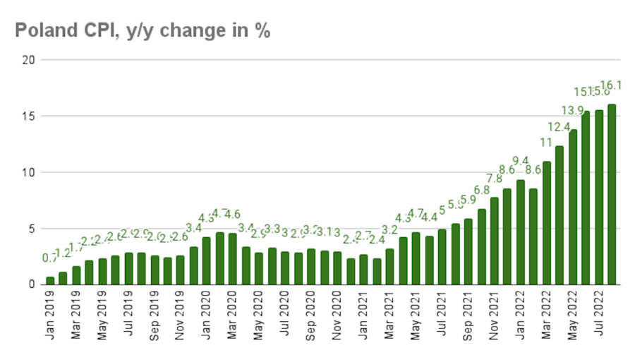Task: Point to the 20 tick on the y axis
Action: pyautogui.click(x=28, y=60)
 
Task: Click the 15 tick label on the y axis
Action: pyautogui.click(x=28, y=116)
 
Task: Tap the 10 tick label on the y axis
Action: pyautogui.click(x=28, y=172)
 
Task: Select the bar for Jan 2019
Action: pyautogui.click(x=50, y=280)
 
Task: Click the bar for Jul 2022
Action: pyautogui.click(x=599, y=198)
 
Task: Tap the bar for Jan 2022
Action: pyautogui.click(x=521, y=232)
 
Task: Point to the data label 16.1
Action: pyautogui.click(x=611, y=86)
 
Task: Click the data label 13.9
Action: pyautogui.click(x=572, y=110)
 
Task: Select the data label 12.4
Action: pyautogui.click(x=559, y=127)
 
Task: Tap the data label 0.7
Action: pyautogui.click(x=50, y=258)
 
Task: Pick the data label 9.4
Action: pyautogui.click(x=520, y=161)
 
